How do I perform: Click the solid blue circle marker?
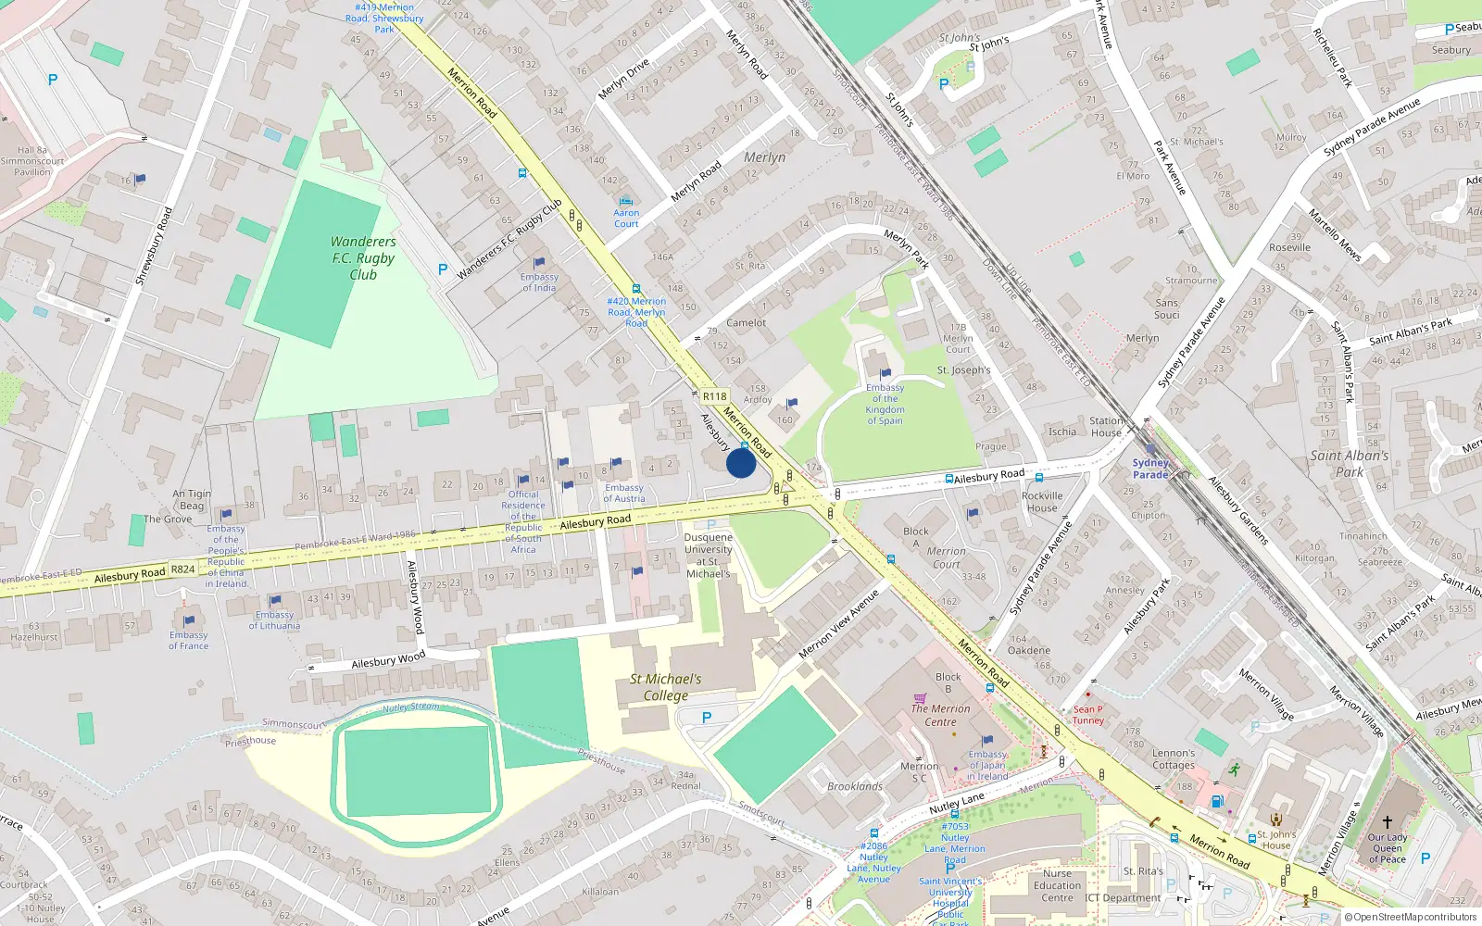[741, 463]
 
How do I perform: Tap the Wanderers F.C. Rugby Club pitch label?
[363, 258]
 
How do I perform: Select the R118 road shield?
[714, 396]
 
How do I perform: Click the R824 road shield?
[182, 569]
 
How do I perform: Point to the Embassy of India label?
[539, 282]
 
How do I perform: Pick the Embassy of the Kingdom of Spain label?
[885, 405]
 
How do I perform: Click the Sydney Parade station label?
[1150, 469]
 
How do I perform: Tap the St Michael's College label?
[665, 687]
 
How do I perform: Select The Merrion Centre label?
[940, 715]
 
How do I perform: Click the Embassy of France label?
[189, 640]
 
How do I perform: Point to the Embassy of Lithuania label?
[274, 620]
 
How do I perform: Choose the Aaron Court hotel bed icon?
[626, 201]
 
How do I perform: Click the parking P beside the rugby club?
[443, 269]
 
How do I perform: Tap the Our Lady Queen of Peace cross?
[1388, 821]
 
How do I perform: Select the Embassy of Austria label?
[624, 493]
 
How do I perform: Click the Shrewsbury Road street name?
[154, 246]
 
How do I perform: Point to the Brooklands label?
[855, 786]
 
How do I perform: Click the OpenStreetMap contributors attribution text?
[1415, 918]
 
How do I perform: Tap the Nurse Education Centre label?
[1057, 885]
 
